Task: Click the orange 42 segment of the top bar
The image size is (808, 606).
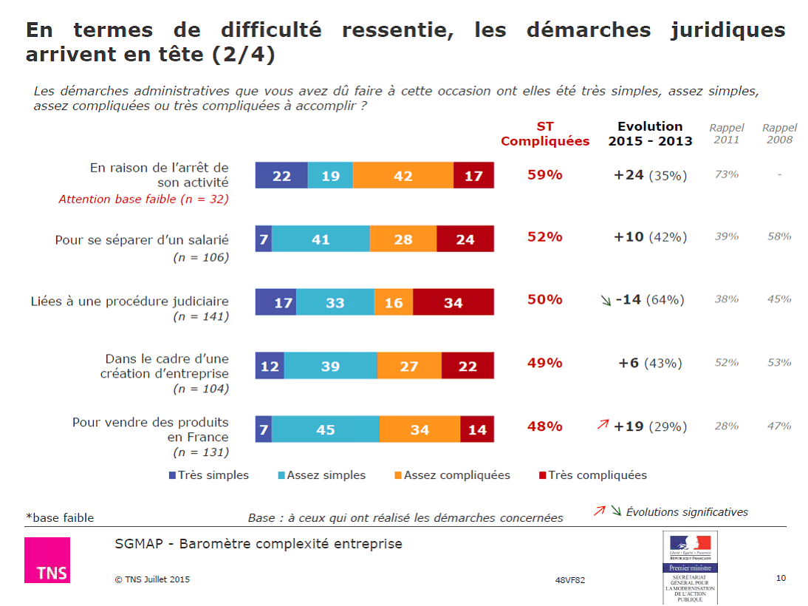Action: click(x=403, y=175)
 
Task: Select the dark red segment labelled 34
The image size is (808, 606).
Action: click(x=453, y=302)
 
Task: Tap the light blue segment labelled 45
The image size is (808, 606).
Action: click(x=325, y=429)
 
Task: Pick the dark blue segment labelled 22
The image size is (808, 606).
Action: click(x=281, y=175)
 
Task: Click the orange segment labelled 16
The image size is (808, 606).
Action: click(x=394, y=302)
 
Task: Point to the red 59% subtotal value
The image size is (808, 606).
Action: click(x=544, y=175)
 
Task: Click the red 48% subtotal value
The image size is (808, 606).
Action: click(x=544, y=426)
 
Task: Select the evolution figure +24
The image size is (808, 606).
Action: click(x=629, y=175)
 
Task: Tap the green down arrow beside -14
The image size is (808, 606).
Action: click(x=606, y=300)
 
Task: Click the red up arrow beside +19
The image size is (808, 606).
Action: click(x=603, y=425)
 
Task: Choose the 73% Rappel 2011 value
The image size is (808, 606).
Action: click(x=727, y=174)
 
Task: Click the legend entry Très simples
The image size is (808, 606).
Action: click(x=210, y=475)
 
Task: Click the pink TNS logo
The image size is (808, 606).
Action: click(x=47, y=559)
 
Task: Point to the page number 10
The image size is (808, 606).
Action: click(x=781, y=578)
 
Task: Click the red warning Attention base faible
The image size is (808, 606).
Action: click(x=143, y=199)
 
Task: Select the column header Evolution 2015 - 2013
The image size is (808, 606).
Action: click(x=650, y=134)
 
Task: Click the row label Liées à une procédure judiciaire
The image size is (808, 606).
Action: click(x=129, y=301)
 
